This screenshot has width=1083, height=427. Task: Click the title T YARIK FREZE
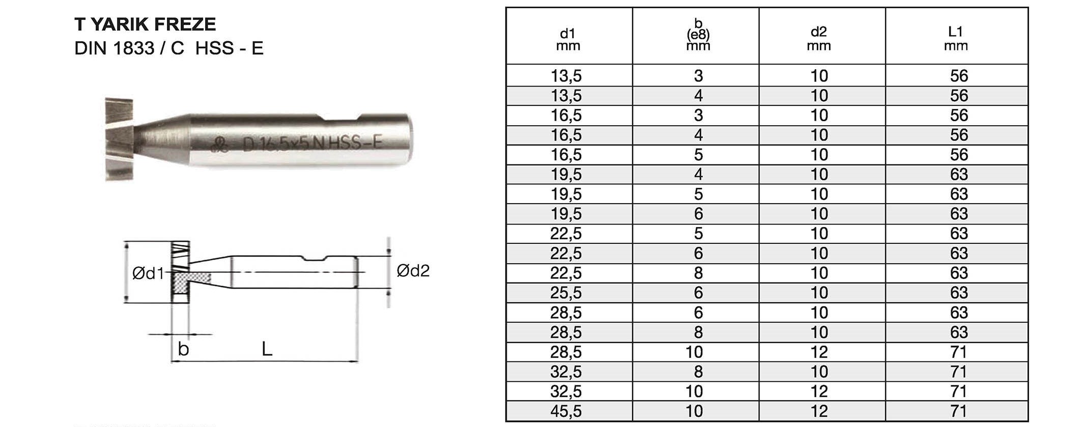145,24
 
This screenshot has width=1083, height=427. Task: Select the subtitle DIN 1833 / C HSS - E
169,48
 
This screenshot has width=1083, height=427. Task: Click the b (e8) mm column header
698,35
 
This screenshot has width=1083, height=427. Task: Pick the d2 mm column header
819,39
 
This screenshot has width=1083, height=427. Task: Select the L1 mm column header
956,39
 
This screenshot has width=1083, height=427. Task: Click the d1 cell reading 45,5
566,411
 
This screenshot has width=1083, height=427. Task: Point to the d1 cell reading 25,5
566,293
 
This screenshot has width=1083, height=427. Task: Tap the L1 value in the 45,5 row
959,411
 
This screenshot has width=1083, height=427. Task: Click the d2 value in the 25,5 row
819,293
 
